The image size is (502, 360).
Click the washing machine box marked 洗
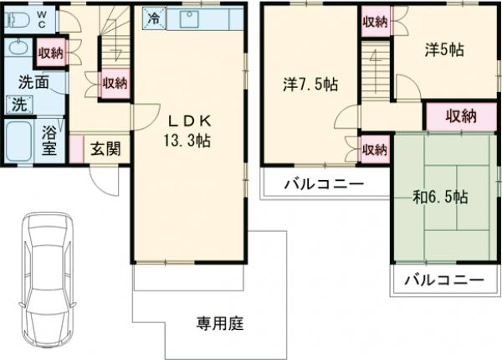tap(18, 105)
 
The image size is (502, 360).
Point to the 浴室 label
tap(49, 140)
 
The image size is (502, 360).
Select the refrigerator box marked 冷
tap(153, 16)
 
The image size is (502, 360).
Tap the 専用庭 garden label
tap(220, 321)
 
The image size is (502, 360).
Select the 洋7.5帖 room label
tap(310, 84)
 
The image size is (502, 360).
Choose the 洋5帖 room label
tap(443, 49)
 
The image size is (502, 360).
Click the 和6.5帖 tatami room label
tap(440, 198)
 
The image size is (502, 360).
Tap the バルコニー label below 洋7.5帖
tap(322, 183)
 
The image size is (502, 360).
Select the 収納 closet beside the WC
tap(50, 54)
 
